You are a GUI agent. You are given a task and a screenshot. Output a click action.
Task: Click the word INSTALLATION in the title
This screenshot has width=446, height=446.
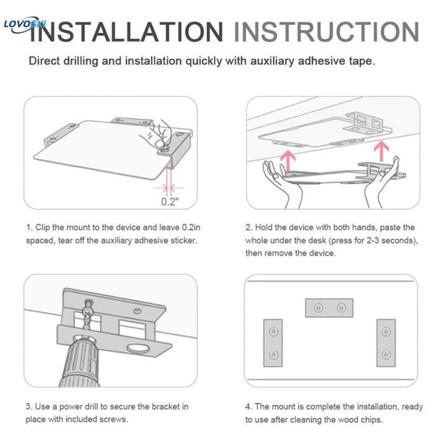coord(127,32)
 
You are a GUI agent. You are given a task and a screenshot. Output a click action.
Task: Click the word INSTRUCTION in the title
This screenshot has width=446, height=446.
coord(326,32)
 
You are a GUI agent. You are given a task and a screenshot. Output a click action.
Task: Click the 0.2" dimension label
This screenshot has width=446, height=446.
coord(169,201)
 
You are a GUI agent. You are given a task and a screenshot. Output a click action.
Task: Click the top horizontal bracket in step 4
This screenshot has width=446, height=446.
coord(329,308)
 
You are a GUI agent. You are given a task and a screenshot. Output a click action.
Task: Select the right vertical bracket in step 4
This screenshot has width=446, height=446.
coord(386,341)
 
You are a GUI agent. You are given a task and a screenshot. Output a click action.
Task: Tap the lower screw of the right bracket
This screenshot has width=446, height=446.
coord(386,355)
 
